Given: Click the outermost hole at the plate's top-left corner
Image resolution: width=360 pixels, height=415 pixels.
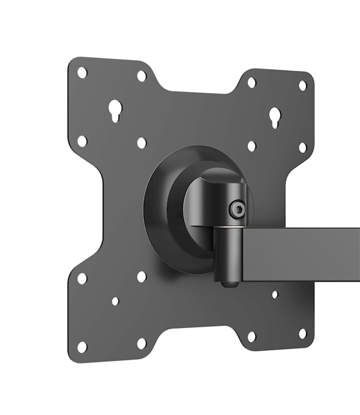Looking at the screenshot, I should [82, 72].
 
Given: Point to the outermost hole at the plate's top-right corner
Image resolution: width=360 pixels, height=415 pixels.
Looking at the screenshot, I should [302, 85].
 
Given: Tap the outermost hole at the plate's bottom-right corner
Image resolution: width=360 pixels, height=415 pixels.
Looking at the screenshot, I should [302, 334].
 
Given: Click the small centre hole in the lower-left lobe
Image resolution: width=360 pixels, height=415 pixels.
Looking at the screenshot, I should [115, 302].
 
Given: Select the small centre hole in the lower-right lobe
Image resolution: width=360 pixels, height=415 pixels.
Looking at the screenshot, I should [275, 294].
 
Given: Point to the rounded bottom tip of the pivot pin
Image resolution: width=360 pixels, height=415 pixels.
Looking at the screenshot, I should [228, 284].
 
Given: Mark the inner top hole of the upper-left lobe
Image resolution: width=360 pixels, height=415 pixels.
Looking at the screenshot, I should [141, 76].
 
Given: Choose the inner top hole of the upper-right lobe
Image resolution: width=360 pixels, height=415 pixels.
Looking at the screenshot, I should [251, 82].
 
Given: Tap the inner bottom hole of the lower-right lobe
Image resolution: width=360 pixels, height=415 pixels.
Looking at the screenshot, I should [251, 336].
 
